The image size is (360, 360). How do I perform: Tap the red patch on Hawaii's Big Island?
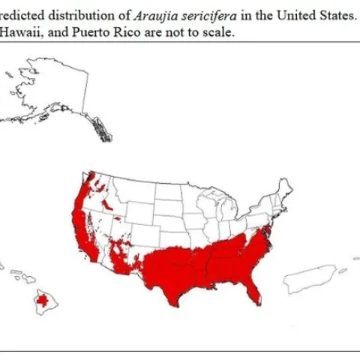point(46,301)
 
